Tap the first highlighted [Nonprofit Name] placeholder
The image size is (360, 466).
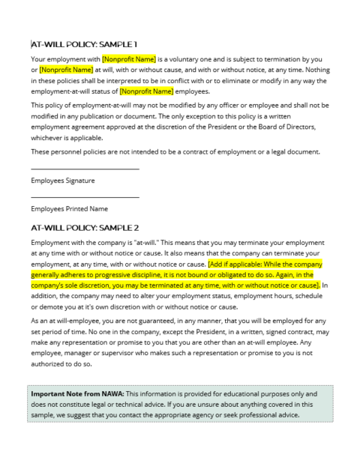(128, 58)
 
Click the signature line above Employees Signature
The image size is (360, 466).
(85, 169)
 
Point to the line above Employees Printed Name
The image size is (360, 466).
(85, 197)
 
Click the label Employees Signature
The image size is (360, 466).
(63, 181)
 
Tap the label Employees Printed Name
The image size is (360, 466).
(69, 209)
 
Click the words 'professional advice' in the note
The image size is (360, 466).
(273, 414)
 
